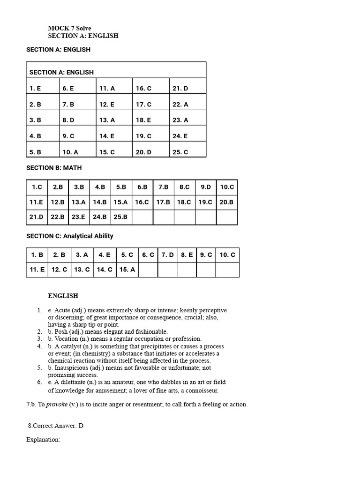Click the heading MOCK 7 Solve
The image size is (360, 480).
click(69, 28)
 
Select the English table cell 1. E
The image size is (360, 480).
click(35, 88)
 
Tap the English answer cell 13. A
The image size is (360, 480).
click(107, 120)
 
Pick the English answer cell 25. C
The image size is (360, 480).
click(180, 152)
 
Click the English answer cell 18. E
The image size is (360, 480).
click(143, 120)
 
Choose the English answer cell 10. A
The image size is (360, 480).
click(70, 152)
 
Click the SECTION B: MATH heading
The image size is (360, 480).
click(54, 168)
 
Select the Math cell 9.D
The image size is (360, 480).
click(206, 187)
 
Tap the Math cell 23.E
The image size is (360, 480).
click(79, 217)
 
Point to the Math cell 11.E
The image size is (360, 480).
click(37, 202)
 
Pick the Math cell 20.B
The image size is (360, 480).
click(226, 202)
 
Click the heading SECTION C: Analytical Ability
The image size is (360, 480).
click(70, 236)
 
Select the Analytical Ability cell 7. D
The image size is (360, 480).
click(167, 255)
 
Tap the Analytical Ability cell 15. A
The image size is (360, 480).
click(127, 270)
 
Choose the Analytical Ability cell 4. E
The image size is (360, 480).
click(105, 255)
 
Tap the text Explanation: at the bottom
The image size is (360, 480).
click(43, 440)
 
